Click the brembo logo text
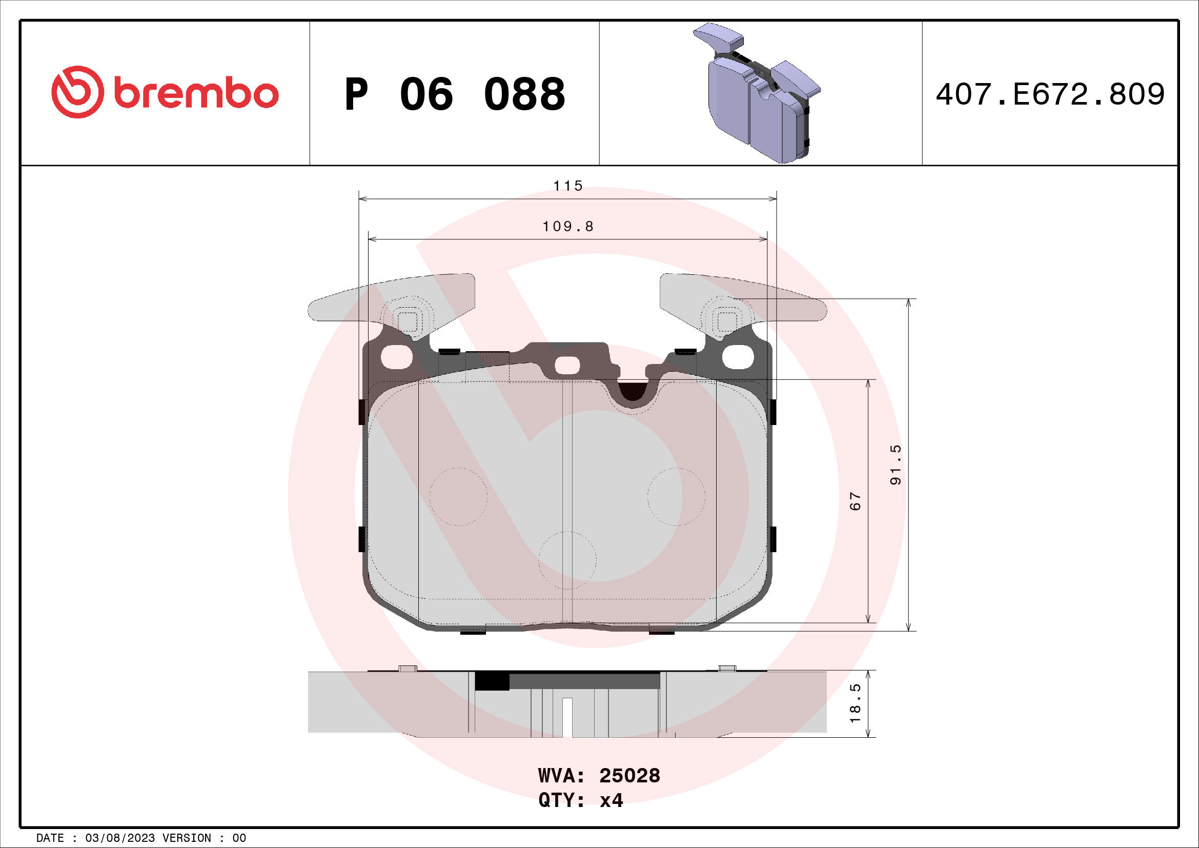tap(196, 94)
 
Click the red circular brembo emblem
tap(77, 92)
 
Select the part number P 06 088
tap(454, 94)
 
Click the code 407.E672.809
tap(1050, 94)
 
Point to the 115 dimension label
tap(567, 186)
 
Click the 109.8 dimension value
tap(567, 227)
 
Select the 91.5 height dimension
tap(896, 465)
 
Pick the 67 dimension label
tap(856, 501)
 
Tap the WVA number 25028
tap(629, 776)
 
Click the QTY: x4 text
tap(581, 800)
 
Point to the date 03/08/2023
tap(119, 838)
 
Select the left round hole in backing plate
tap(397, 357)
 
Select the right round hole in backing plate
tap(738, 357)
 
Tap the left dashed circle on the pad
tap(458, 497)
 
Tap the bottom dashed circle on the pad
tap(567, 560)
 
